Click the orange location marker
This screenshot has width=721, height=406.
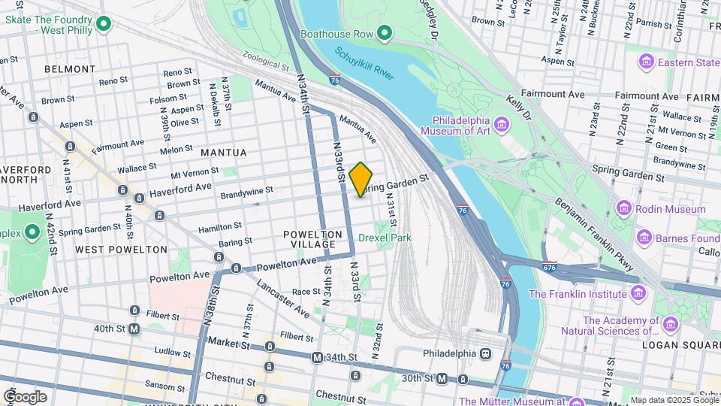[360, 179]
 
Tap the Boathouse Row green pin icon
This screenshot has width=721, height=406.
[385, 33]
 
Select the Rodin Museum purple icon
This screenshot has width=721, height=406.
[623, 208]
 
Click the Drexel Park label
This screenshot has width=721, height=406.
[385, 238]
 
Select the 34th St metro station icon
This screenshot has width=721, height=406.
[317, 357]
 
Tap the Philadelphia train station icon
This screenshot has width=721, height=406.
[486, 353]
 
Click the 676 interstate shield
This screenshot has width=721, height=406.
[549, 266]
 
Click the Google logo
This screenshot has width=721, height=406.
[25, 396]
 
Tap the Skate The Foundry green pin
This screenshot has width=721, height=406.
[105, 25]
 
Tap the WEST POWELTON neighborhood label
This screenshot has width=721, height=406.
[121, 249]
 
